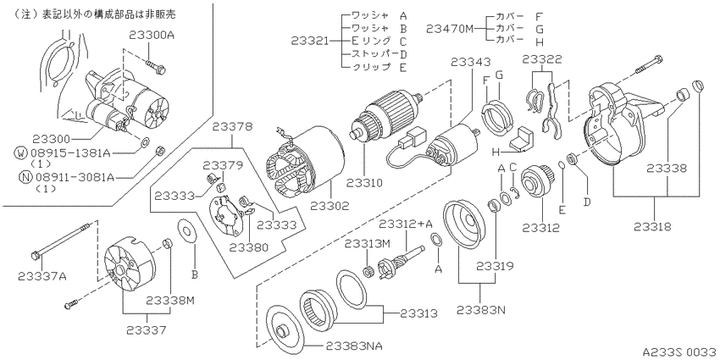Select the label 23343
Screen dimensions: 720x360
(x=470, y=62)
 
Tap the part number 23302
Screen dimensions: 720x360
(x=330, y=206)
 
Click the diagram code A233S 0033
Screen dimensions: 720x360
(x=679, y=352)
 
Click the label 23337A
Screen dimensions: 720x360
(x=42, y=275)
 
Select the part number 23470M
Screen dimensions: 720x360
(x=449, y=29)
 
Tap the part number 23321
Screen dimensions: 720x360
(x=310, y=41)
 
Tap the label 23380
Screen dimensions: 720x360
(x=249, y=247)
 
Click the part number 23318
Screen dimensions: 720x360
(x=653, y=227)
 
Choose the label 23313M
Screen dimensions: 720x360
(x=368, y=242)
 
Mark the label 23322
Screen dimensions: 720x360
(x=542, y=59)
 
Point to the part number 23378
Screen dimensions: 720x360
(x=232, y=126)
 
